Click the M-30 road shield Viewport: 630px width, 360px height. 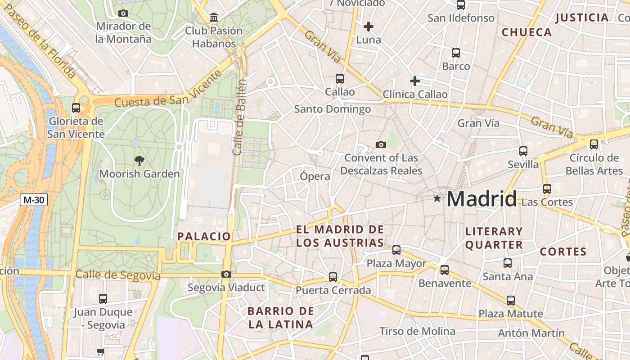coord(34,200)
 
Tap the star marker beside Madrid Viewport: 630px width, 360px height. coord(436,198)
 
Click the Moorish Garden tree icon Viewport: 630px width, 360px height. coord(139,160)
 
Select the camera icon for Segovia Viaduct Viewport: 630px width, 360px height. coord(226,274)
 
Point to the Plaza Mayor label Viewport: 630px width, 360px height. coord(396,263)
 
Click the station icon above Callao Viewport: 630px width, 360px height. coord(340,79)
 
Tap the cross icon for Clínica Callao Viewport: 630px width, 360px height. coord(414,81)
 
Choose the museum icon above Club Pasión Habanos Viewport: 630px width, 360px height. coord(214,18)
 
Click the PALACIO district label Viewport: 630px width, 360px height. coord(204,236)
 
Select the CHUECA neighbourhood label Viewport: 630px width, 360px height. coord(526,32)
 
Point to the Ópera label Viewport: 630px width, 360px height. coord(315,176)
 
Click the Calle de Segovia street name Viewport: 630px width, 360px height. coord(118,275)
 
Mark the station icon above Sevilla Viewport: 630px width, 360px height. coord(523,151)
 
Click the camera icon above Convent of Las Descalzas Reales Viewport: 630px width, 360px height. coord(381,144)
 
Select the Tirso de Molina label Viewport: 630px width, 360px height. coord(417,332)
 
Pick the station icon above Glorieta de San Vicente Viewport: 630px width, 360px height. coord(76,108)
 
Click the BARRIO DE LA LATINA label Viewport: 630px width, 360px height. coord(280,318)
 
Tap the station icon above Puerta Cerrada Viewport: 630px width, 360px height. coord(333,277)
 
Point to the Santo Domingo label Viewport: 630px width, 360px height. coord(333,109)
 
